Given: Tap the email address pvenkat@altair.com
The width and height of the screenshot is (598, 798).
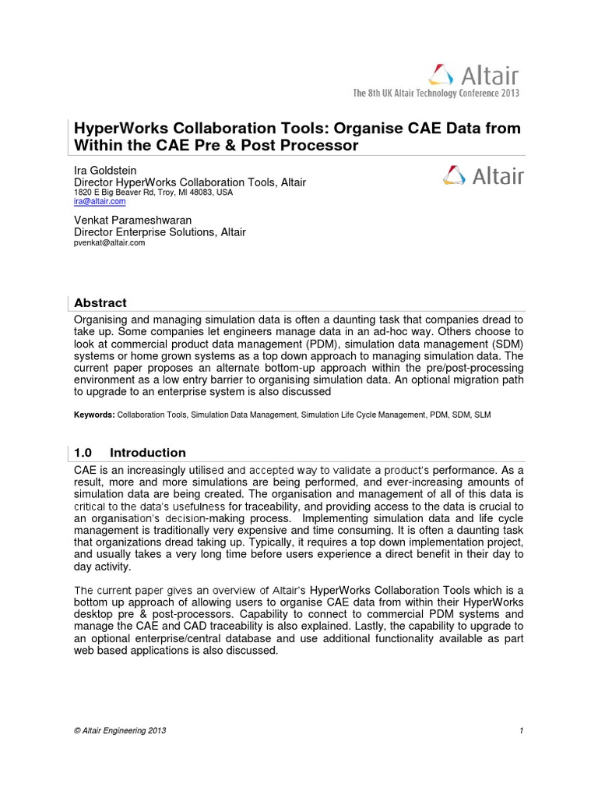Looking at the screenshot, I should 109,242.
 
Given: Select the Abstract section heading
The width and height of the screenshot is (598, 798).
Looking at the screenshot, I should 100,302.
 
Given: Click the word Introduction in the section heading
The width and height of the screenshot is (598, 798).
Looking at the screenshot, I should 148,453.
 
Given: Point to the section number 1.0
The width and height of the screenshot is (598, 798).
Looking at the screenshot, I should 83,453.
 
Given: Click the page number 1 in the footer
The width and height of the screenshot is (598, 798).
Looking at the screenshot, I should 519,730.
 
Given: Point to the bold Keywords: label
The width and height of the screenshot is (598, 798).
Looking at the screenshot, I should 93,415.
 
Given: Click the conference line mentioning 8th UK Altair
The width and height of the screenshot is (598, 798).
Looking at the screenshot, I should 436,93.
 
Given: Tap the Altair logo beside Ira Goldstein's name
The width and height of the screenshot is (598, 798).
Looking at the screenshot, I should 483,175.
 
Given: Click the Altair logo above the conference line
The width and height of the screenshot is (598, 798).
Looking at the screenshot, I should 473,75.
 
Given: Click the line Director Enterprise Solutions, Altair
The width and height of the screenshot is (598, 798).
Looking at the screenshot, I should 160,231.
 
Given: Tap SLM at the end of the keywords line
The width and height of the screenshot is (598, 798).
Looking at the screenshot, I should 483,415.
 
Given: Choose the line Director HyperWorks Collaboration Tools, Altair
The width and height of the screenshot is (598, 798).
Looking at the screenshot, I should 189,182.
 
